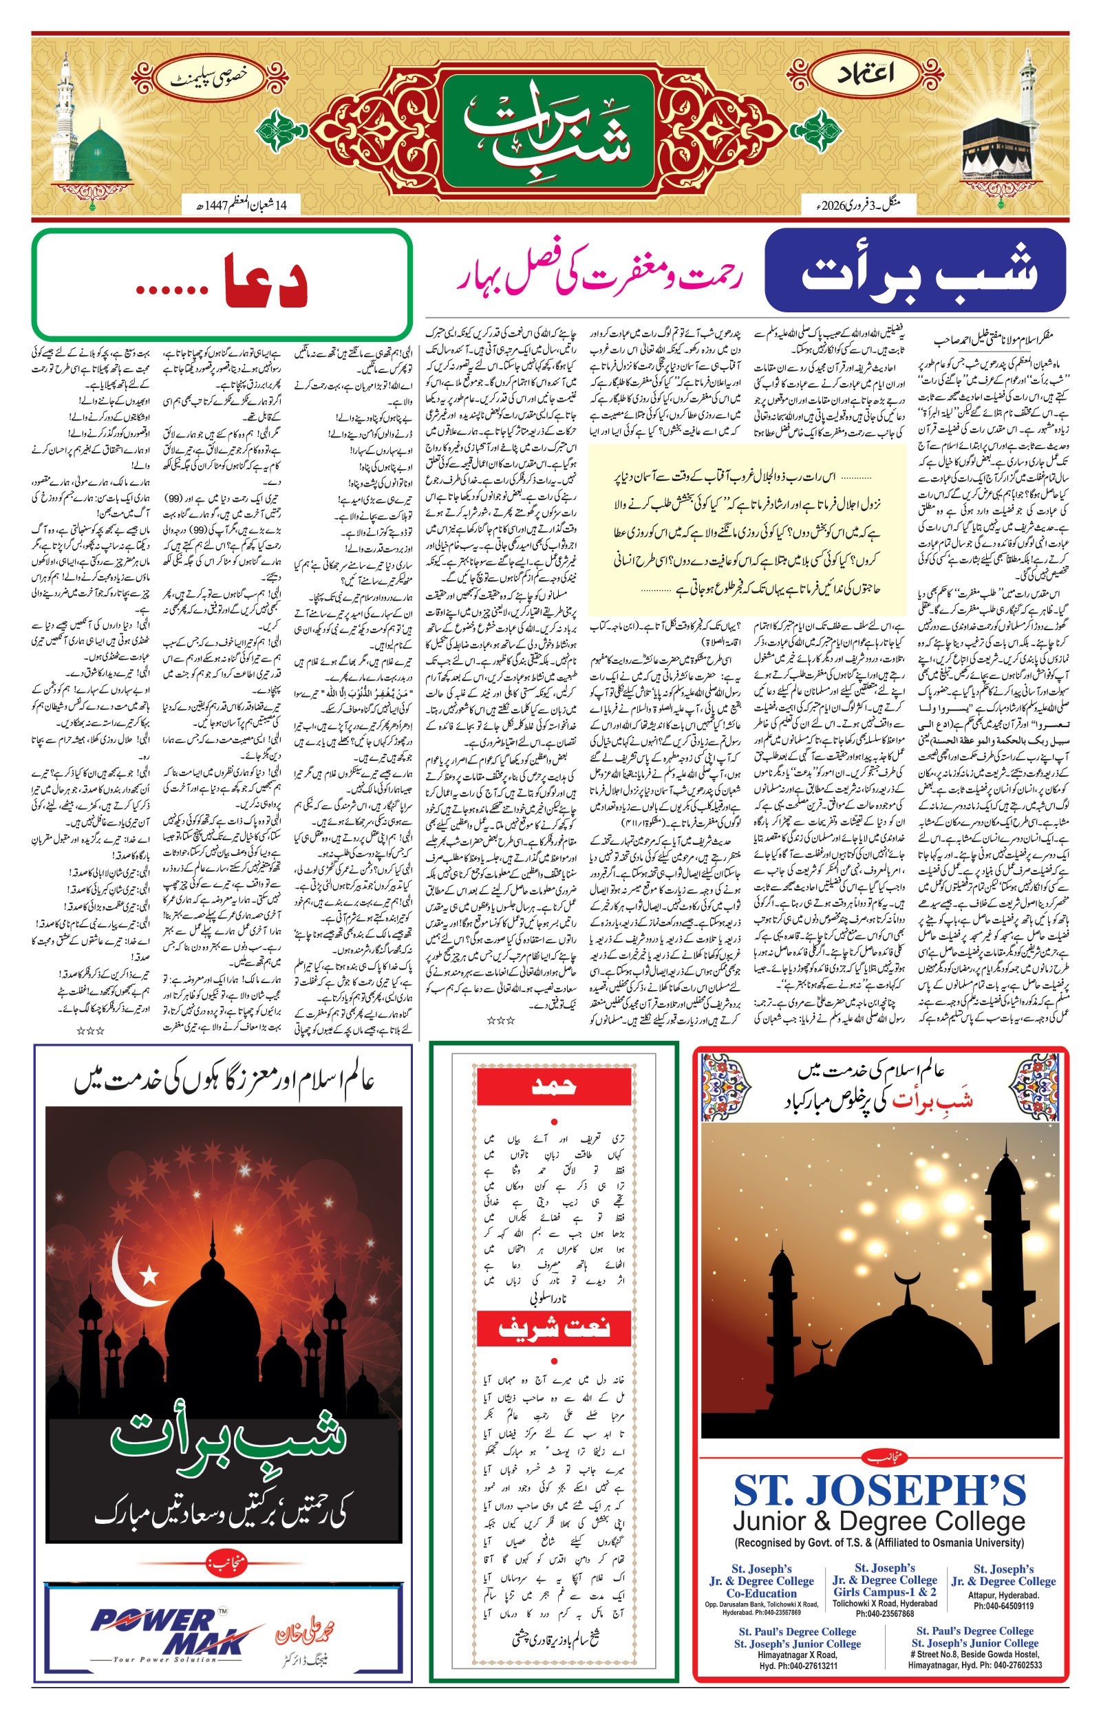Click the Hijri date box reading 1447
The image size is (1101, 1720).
240,205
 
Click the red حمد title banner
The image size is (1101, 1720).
553,1087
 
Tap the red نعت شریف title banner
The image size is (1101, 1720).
553,1329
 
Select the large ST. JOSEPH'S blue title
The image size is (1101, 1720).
880,1490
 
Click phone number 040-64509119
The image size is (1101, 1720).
1003,1606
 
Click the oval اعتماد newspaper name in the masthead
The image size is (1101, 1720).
867,74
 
